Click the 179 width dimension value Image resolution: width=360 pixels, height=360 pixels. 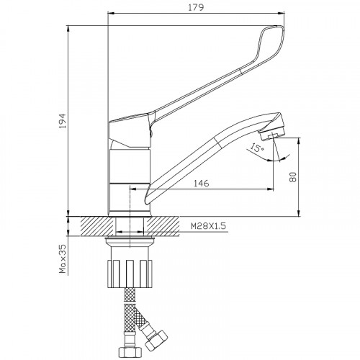click(196, 7)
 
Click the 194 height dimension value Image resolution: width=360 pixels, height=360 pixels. click(63, 121)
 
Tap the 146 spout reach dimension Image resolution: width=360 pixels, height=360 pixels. click(202, 184)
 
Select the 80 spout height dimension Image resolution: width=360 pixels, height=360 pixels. click(293, 177)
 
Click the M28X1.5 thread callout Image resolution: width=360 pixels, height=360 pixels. click(209, 226)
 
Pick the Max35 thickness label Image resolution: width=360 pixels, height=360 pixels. click(63, 258)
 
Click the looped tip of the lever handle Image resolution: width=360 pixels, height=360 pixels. click(271, 41)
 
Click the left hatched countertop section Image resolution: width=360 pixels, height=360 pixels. click(97, 226)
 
